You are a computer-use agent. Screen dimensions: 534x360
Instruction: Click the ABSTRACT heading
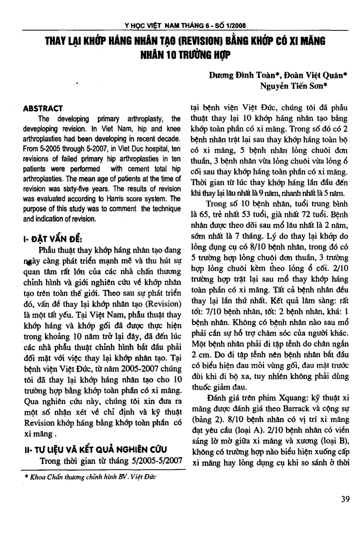click(x=43, y=108)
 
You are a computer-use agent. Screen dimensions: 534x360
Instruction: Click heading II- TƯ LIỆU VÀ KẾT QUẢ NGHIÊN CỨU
click(x=96, y=450)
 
